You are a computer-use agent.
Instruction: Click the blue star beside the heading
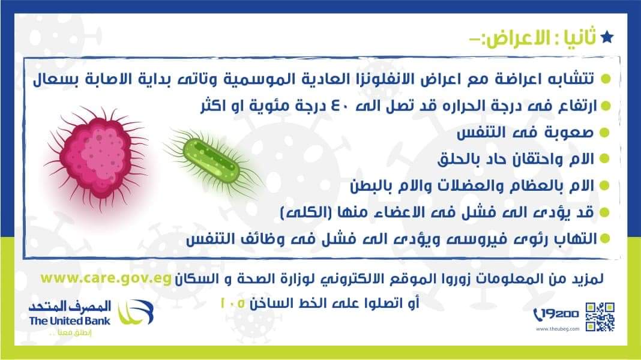[607, 37]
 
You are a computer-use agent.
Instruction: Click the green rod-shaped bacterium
[211, 161]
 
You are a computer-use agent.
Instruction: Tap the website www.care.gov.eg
[106, 278]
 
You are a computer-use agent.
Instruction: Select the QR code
[600, 317]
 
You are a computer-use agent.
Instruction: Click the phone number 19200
[557, 314]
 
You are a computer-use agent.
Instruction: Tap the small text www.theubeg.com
[557, 329]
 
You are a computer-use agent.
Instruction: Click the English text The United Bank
[70, 321]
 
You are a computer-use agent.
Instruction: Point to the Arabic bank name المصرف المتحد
[70, 306]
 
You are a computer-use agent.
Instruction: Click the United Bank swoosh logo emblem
[135, 312]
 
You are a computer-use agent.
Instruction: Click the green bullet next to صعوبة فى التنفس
[604, 133]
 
